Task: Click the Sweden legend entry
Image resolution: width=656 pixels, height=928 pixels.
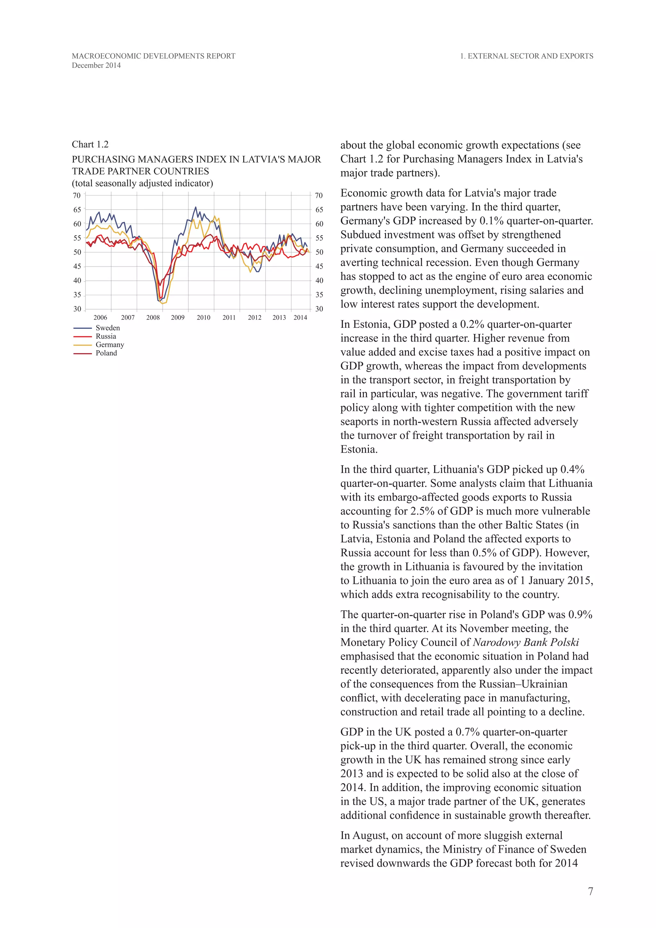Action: (107, 328)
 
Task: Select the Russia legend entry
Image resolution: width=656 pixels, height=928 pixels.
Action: (106, 336)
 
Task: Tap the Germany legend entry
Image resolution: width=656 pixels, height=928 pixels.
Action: (110, 345)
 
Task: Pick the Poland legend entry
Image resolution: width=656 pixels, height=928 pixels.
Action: (106, 353)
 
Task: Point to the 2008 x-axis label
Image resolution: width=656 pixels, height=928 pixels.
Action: (153, 318)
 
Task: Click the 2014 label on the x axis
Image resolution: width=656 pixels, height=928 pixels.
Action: (300, 318)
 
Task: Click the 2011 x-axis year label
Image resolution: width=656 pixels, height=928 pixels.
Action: (229, 318)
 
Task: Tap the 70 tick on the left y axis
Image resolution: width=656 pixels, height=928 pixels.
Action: (77, 195)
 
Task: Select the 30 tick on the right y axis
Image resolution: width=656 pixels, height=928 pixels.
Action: (319, 309)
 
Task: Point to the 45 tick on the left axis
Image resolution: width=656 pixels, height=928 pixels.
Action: (77, 266)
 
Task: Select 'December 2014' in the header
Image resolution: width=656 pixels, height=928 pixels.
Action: (96, 65)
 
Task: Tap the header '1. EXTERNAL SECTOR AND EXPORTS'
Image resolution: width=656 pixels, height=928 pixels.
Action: (527, 56)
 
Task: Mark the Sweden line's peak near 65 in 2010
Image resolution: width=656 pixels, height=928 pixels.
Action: (196, 207)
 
